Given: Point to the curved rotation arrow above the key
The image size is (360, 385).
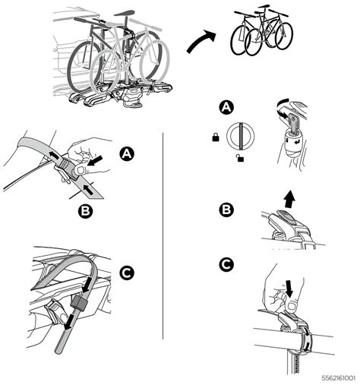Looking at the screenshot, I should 283,104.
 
